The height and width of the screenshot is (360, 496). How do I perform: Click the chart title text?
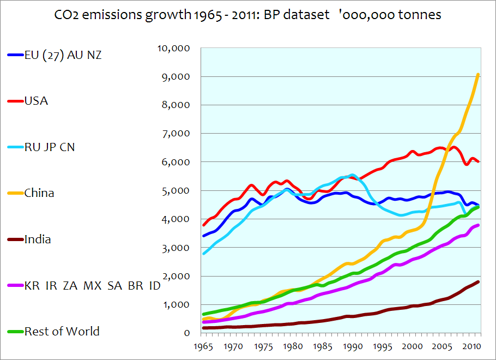click(248, 15)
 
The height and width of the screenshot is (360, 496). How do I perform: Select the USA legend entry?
click(36, 101)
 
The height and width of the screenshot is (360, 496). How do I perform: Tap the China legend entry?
click(39, 193)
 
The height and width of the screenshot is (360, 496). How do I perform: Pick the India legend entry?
click(38, 239)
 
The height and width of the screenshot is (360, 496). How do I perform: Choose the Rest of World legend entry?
click(62, 331)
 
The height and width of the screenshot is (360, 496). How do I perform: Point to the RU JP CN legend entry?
click(49, 147)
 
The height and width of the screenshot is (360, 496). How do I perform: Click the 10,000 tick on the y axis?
click(174, 48)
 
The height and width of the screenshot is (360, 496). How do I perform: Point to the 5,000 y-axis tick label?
click(176, 190)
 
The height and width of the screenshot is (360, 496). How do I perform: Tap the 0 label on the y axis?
click(186, 333)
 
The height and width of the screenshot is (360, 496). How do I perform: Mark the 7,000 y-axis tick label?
click(176, 134)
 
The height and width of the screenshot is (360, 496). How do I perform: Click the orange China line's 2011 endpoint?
click(479, 74)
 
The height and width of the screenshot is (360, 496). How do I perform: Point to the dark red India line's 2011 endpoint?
click(479, 281)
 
